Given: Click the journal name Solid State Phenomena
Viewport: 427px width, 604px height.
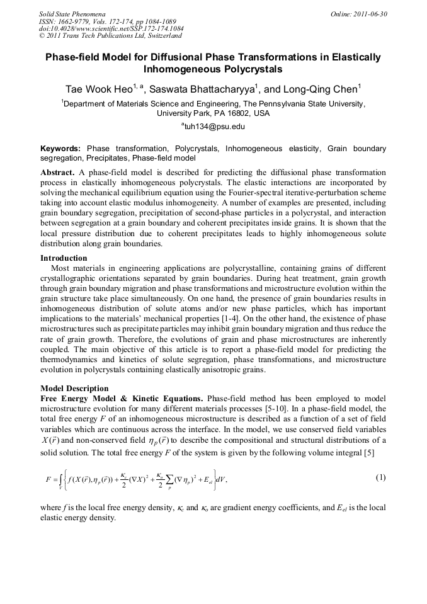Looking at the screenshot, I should [72, 13].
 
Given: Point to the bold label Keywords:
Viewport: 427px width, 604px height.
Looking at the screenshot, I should [60, 149].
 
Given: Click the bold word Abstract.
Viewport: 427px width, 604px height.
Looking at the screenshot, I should [58, 173].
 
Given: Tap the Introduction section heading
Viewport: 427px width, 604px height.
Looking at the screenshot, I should [64, 258].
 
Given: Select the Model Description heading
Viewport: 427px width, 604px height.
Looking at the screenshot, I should [74, 389].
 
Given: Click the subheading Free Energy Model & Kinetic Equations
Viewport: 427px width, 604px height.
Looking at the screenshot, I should [121, 399].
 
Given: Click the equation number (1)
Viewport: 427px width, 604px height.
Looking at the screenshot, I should [380, 477].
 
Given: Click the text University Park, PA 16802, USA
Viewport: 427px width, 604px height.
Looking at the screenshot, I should [213, 114].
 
